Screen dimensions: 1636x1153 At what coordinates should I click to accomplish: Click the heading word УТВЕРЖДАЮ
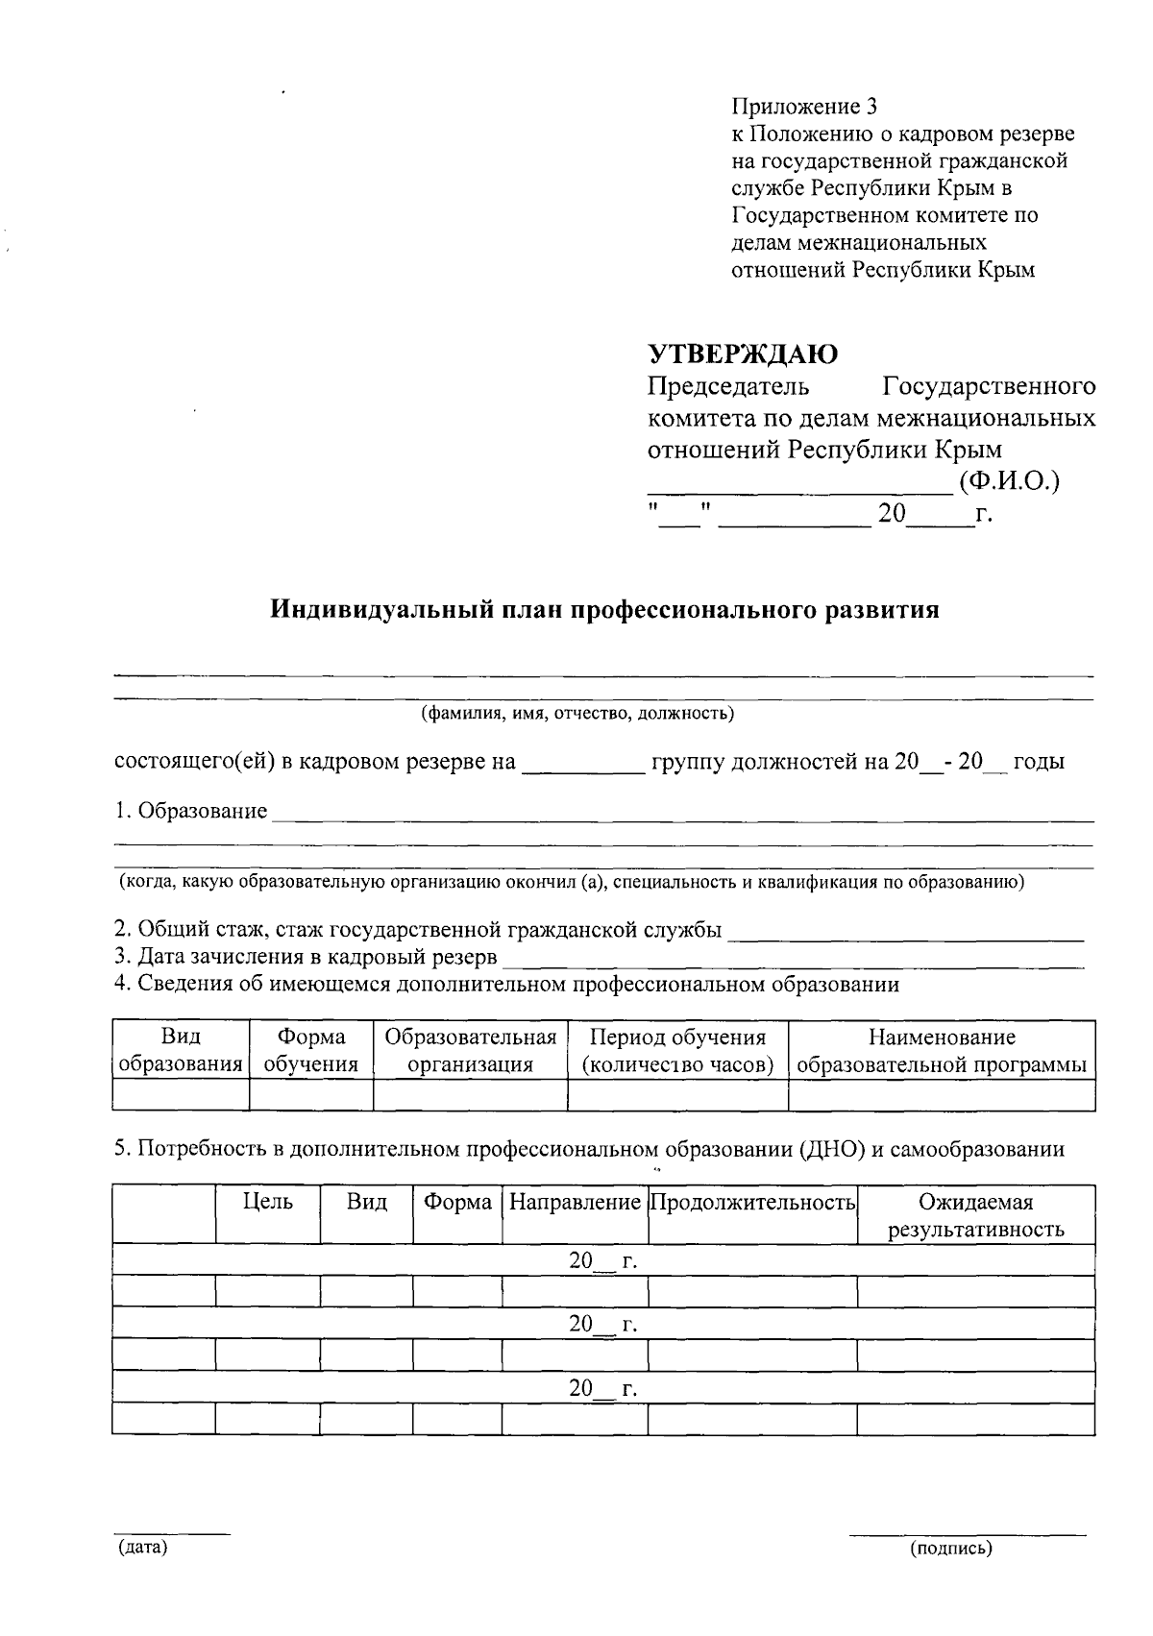pos(743,354)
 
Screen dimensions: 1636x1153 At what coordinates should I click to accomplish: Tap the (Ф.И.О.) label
pos(1009,481)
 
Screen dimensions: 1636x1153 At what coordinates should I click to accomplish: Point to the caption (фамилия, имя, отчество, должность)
pos(576,713)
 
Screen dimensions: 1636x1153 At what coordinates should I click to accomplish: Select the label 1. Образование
pos(191,811)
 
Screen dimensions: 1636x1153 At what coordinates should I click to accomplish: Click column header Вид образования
pos(181,1051)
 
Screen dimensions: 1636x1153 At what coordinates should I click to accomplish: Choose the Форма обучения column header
pos(311,1051)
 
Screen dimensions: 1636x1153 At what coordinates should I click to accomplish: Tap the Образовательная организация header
pos(471,1051)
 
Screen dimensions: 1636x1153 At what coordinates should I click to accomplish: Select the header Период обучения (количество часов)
pos(677,1051)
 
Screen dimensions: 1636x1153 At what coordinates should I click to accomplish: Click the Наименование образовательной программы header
pos(942,1051)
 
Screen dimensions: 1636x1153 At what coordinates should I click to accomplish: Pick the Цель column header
pos(268,1202)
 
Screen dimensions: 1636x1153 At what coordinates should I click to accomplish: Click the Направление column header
pos(575,1202)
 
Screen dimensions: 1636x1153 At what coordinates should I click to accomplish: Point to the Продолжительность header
pos(752,1202)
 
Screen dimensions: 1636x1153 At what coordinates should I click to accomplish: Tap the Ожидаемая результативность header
pos(975,1215)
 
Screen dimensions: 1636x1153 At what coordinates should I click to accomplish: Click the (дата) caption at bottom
pos(142,1548)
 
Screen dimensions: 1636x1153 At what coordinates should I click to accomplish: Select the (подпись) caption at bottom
pos(951,1548)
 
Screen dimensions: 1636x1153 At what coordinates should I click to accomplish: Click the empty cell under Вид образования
pos(181,1094)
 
